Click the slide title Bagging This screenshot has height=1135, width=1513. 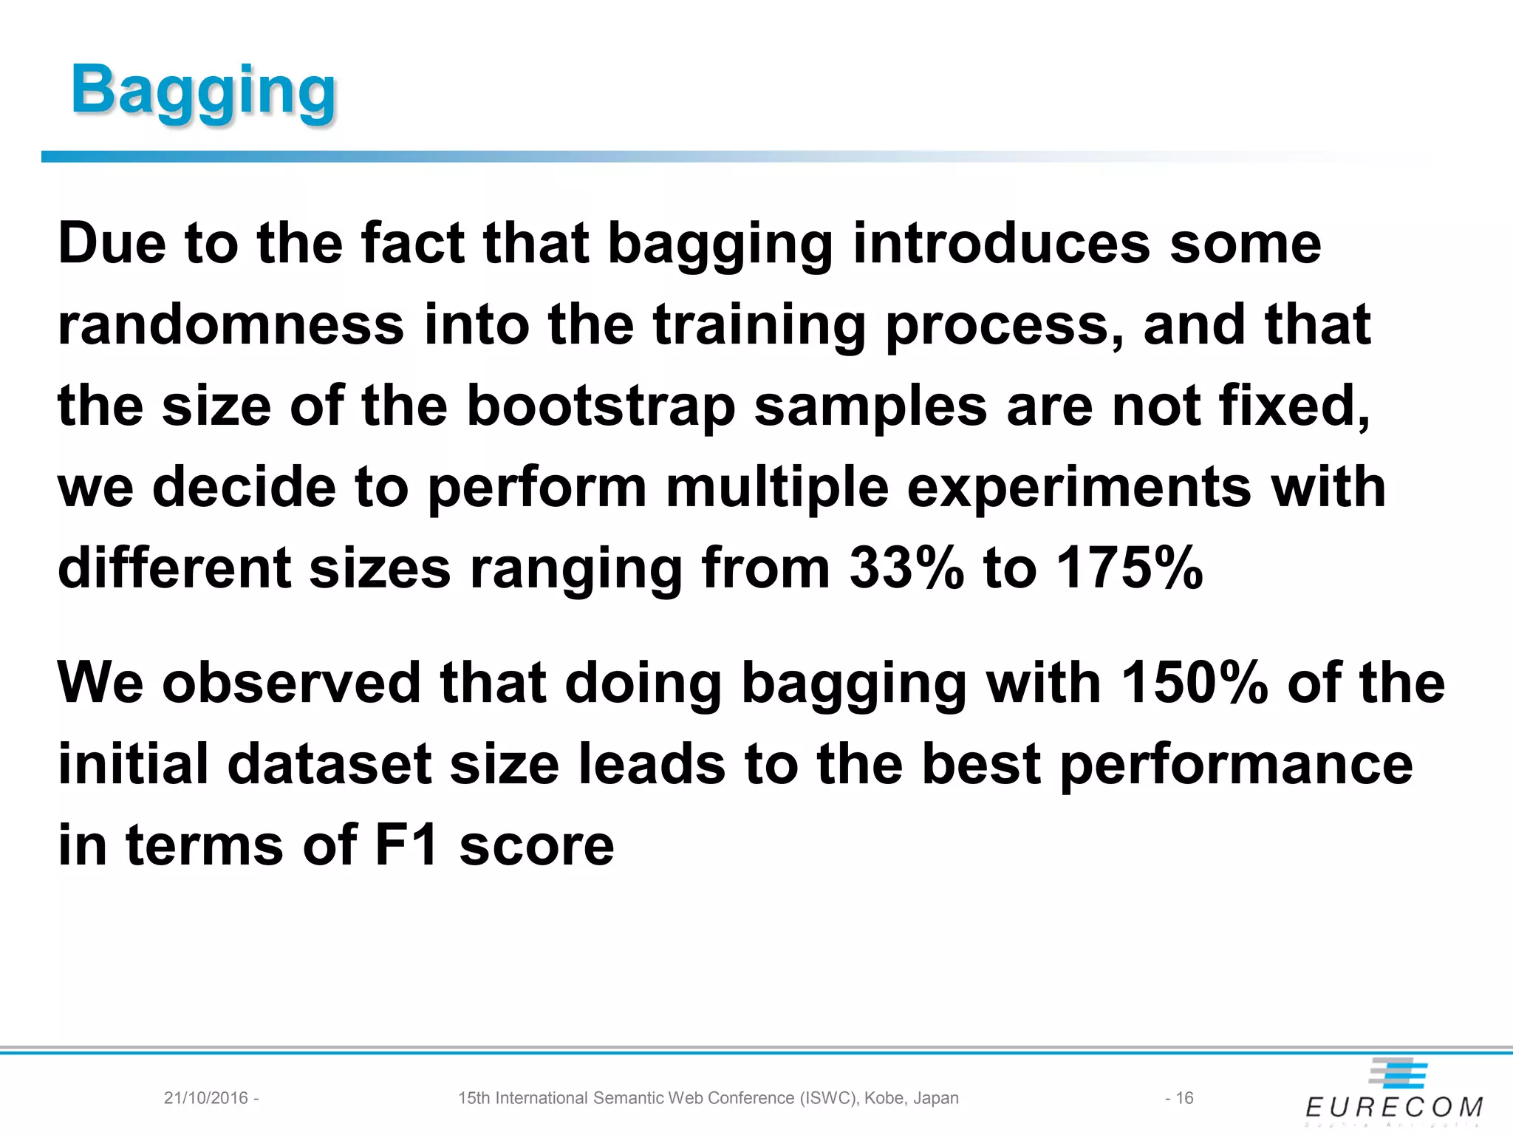click(203, 90)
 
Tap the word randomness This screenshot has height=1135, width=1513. click(230, 325)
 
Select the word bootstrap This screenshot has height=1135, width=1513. click(601, 406)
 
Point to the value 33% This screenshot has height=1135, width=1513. click(906, 569)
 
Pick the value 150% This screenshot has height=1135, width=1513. click(1194, 683)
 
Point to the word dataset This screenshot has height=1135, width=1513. click(329, 764)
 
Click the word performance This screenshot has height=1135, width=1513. click(1236, 766)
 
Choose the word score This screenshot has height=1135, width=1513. click(536, 847)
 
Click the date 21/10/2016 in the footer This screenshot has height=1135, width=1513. click(206, 1098)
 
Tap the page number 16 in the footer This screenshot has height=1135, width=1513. click(1184, 1098)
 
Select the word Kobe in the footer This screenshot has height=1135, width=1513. click(884, 1098)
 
